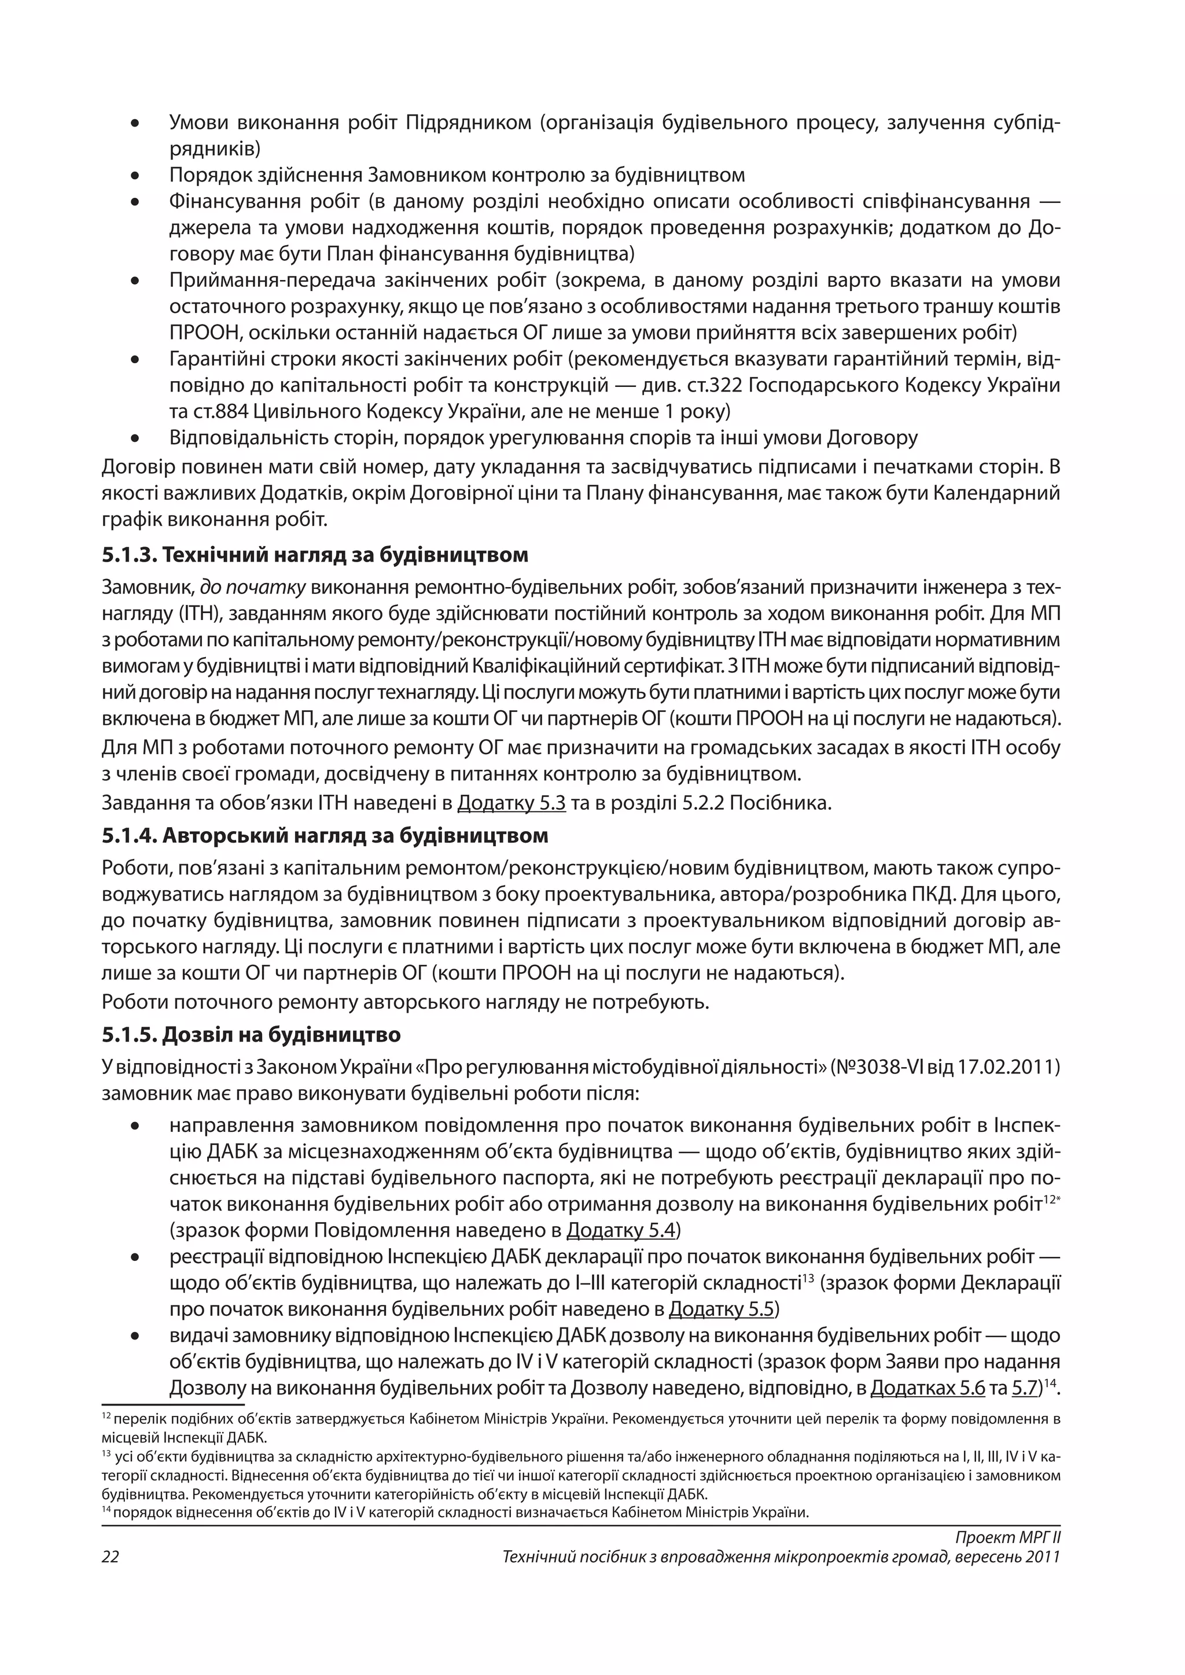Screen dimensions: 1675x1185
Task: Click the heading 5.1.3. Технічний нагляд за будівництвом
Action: click(315, 555)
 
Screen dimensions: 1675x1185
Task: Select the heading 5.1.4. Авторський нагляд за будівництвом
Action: click(325, 835)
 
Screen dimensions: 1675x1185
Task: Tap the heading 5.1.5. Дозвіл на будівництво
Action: click(251, 1035)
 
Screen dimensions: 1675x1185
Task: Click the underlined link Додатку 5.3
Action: click(511, 803)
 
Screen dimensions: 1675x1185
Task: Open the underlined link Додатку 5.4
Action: click(620, 1231)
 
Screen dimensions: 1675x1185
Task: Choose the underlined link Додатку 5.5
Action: click(721, 1309)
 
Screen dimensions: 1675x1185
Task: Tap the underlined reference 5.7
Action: click(1025, 1388)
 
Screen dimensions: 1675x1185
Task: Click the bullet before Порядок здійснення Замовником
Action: click(135, 176)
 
